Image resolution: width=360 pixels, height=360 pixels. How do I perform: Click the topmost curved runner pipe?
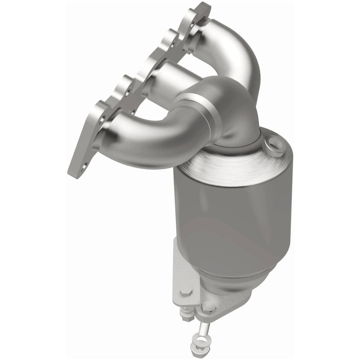click(234, 49)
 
